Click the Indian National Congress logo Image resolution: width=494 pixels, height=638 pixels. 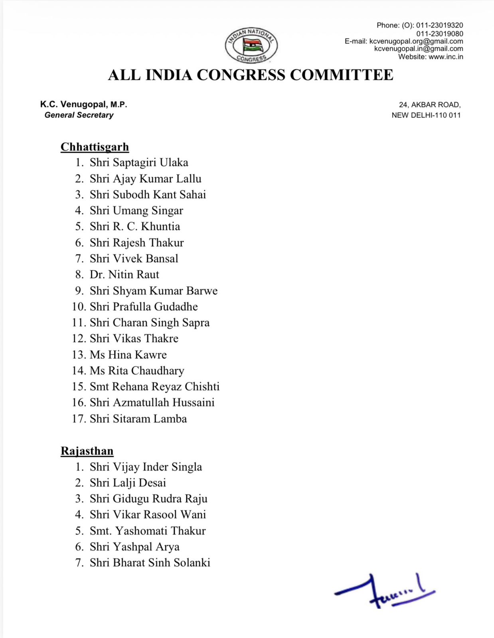(251, 46)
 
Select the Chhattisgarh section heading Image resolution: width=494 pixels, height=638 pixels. (95, 147)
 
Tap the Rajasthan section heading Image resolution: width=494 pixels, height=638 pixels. (87, 451)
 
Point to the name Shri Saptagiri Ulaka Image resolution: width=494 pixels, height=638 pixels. (138, 162)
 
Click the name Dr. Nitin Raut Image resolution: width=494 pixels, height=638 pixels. (124, 274)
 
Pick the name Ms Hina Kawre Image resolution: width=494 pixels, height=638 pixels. (128, 354)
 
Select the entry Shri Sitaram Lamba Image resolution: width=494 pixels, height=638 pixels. (138, 419)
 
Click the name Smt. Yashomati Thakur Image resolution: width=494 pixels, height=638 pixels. (148, 531)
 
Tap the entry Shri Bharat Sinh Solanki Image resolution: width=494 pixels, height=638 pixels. (150, 563)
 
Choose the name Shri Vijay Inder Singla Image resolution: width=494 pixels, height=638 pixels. (146, 467)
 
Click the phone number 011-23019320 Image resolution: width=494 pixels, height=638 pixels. (439, 25)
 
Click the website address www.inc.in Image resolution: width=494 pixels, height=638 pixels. (446, 57)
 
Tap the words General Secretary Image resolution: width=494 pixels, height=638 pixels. (79, 115)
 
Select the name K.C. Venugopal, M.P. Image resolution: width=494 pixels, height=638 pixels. (83, 104)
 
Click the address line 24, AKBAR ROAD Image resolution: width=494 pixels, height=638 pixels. (430, 105)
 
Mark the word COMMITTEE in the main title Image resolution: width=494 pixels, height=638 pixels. (342, 75)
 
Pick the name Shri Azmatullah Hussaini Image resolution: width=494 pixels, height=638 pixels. (152, 402)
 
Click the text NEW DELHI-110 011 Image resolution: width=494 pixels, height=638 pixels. (426, 115)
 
